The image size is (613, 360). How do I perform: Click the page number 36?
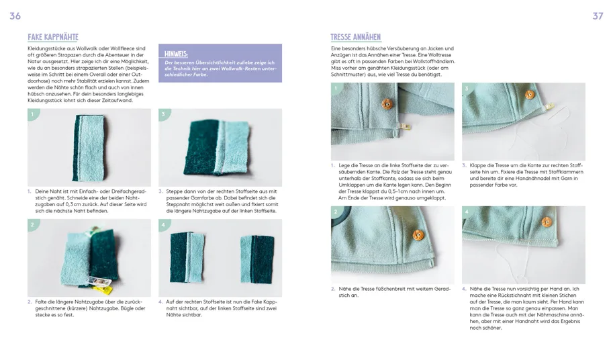point(15,16)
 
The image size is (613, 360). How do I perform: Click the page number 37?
point(597,16)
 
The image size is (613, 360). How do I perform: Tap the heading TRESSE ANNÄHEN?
point(357,38)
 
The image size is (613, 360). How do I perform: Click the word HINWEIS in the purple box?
point(176,53)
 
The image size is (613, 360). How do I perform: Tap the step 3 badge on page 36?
point(163,115)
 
